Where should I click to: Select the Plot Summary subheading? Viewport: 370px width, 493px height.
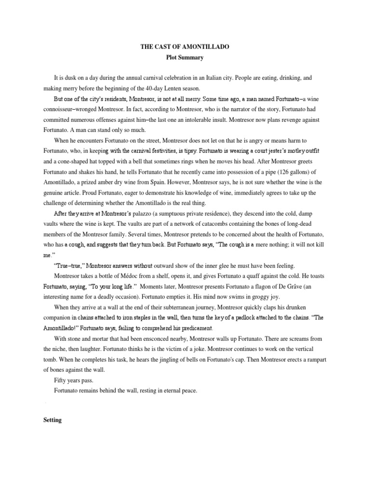point(185,57)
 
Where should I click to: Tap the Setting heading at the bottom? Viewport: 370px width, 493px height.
point(52,420)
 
